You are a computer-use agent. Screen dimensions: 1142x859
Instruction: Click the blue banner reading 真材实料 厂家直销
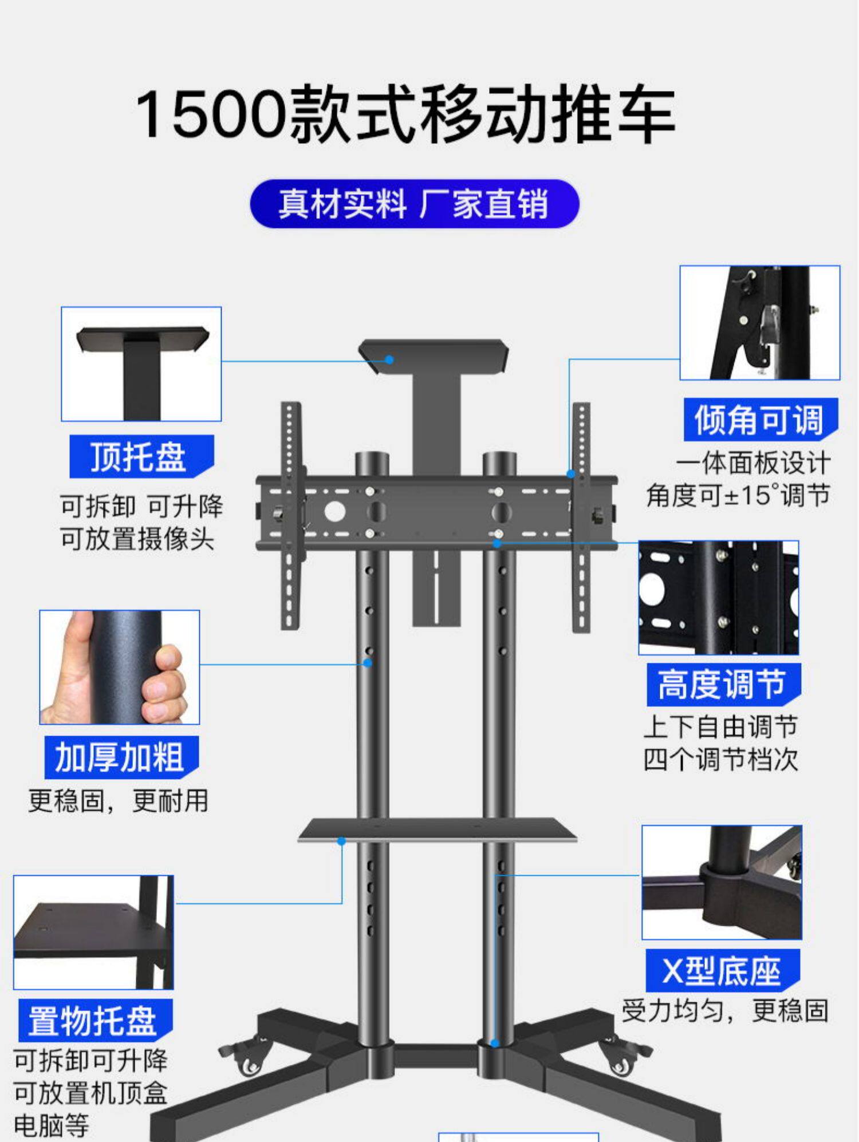pyautogui.click(x=415, y=204)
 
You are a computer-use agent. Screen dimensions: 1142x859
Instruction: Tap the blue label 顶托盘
pyautogui.click(x=141, y=456)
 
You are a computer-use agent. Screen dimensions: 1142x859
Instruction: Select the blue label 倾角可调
pyautogui.click(x=760, y=419)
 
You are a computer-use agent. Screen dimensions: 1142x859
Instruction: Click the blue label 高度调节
pyautogui.click(x=723, y=684)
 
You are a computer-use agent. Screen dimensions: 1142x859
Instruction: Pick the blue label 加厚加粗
pyautogui.click(x=121, y=757)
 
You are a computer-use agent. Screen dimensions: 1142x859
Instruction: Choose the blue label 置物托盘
pyautogui.click(x=94, y=1021)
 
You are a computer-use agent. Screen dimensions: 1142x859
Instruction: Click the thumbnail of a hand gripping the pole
pyautogui.click(x=120, y=667)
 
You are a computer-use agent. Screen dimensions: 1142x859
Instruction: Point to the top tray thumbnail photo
pyautogui.click(x=141, y=364)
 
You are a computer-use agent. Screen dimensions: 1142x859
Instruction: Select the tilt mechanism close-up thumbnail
pyautogui.click(x=759, y=322)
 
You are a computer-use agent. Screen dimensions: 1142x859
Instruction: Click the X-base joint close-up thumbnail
pyautogui.click(x=722, y=882)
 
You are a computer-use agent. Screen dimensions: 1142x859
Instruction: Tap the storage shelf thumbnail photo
pyautogui.click(x=93, y=932)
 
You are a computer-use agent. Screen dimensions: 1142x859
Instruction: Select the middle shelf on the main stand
pyautogui.click(x=436, y=829)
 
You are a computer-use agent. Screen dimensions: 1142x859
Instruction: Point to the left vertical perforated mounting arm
pyautogui.click(x=290, y=515)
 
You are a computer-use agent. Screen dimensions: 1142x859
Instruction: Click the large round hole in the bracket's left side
pyautogui.click(x=335, y=511)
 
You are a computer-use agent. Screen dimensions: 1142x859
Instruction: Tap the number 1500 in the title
pyautogui.click(x=210, y=114)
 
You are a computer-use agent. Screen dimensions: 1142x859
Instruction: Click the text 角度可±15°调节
pyautogui.click(x=738, y=495)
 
